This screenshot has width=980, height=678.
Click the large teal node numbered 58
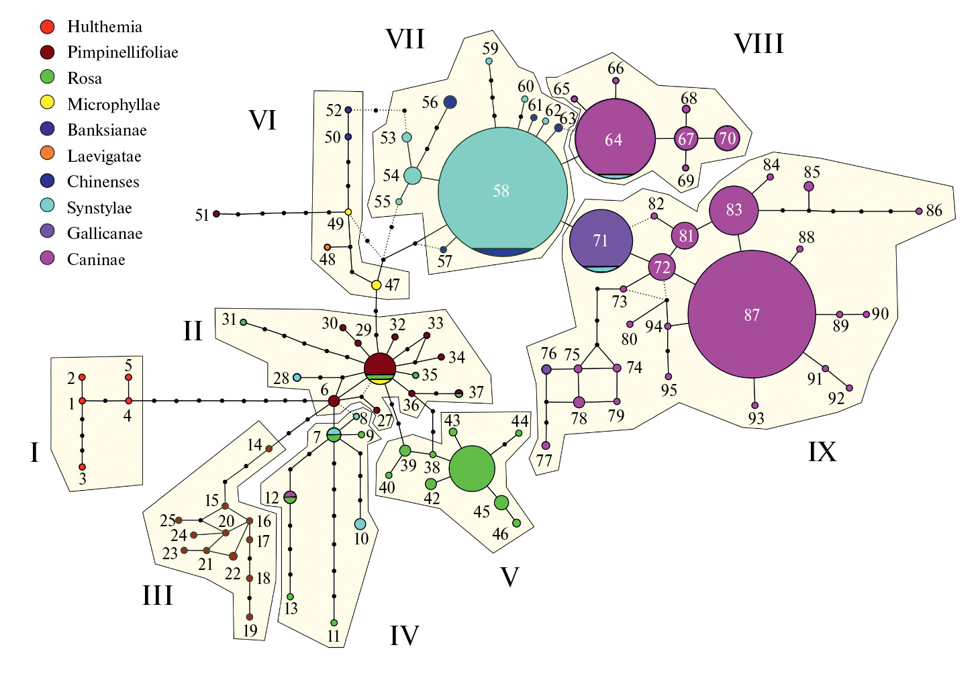(502, 191)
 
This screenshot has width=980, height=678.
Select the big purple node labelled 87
(752, 315)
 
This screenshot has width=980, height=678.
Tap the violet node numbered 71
(601, 241)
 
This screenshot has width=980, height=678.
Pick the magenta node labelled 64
(614, 139)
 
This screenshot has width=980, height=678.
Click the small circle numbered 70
(727, 139)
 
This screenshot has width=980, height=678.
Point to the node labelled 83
(734, 210)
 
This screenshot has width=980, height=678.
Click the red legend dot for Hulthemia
(47, 27)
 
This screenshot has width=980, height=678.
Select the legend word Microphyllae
(113, 105)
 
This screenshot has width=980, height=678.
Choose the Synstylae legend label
(99, 208)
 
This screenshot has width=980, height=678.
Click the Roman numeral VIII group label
(758, 44)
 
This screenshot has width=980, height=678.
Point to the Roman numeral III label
(158, 595)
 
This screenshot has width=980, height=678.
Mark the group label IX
(822, 452)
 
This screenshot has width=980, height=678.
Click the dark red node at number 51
(217, 214)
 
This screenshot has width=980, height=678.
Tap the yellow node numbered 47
(377, 285)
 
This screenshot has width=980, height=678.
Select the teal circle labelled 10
(360, 524)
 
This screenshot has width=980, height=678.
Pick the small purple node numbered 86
(919, 211)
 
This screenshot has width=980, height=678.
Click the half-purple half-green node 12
(290, 497)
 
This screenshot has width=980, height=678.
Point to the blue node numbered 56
(450, 102)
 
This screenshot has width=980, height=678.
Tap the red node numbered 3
(82, 467)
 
